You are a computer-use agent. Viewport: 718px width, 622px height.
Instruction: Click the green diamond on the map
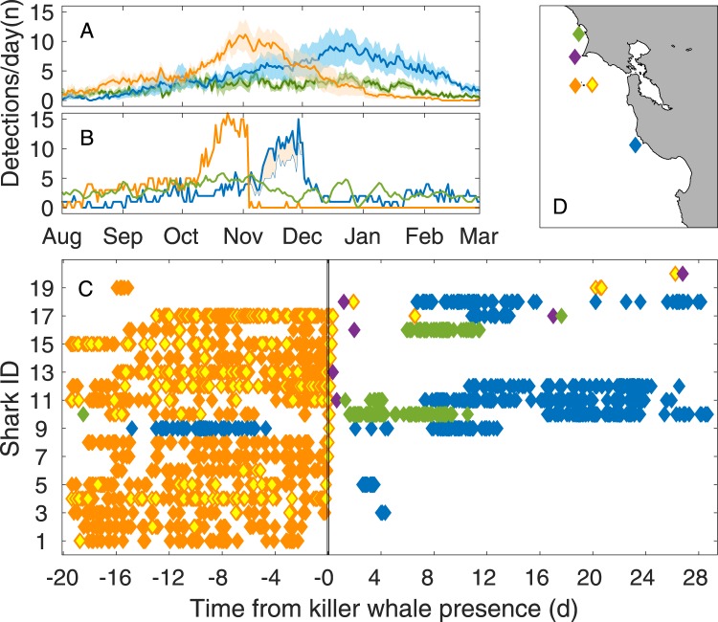578,34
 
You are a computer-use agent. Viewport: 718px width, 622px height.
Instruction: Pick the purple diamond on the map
574,57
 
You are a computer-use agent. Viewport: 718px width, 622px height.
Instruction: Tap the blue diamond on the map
635,145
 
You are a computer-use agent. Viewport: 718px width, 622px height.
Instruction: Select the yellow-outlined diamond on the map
592,85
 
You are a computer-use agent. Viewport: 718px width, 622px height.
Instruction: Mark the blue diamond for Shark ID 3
383,513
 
